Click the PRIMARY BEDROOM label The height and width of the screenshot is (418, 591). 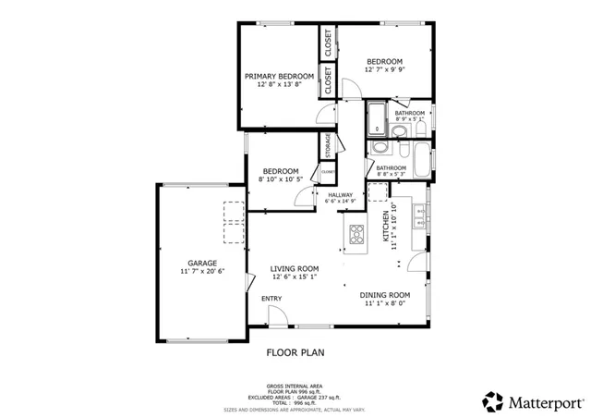tap(279, 76)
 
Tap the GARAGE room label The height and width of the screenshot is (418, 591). tap(203, 263)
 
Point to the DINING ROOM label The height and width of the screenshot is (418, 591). tap(383, 294)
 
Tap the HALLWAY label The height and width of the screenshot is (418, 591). tap(340, 194)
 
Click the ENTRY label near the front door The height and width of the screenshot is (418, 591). tap(271, 299)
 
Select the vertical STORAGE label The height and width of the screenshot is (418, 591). tap(327, 146)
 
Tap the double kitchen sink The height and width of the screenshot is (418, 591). tap(421, 218)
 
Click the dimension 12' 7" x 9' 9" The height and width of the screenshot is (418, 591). tap(385, 68)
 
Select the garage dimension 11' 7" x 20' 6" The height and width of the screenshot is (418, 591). tap(203, 272)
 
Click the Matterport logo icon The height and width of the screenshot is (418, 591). tap(492, 401)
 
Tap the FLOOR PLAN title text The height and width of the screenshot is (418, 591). tap(295, 352)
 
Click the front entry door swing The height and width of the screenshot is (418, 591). tap(275, 317)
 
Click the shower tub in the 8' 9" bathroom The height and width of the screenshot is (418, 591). tap(378, 118)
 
